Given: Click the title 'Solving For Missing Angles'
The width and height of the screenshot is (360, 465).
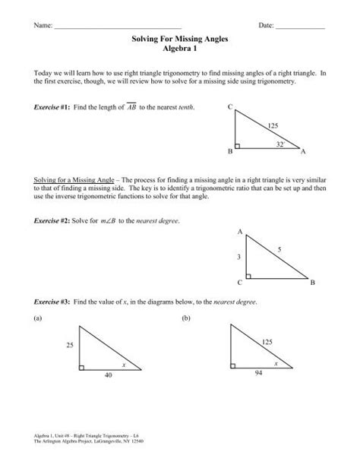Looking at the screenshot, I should pos(180,48).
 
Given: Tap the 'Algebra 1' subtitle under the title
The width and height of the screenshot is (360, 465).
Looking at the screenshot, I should pos(180,58).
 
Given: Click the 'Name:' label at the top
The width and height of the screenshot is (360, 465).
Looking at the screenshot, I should pos(42,27).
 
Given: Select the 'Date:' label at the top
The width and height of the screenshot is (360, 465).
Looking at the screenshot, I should pos(267,27).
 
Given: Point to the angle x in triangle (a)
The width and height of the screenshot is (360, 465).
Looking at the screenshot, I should pos(123,365).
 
